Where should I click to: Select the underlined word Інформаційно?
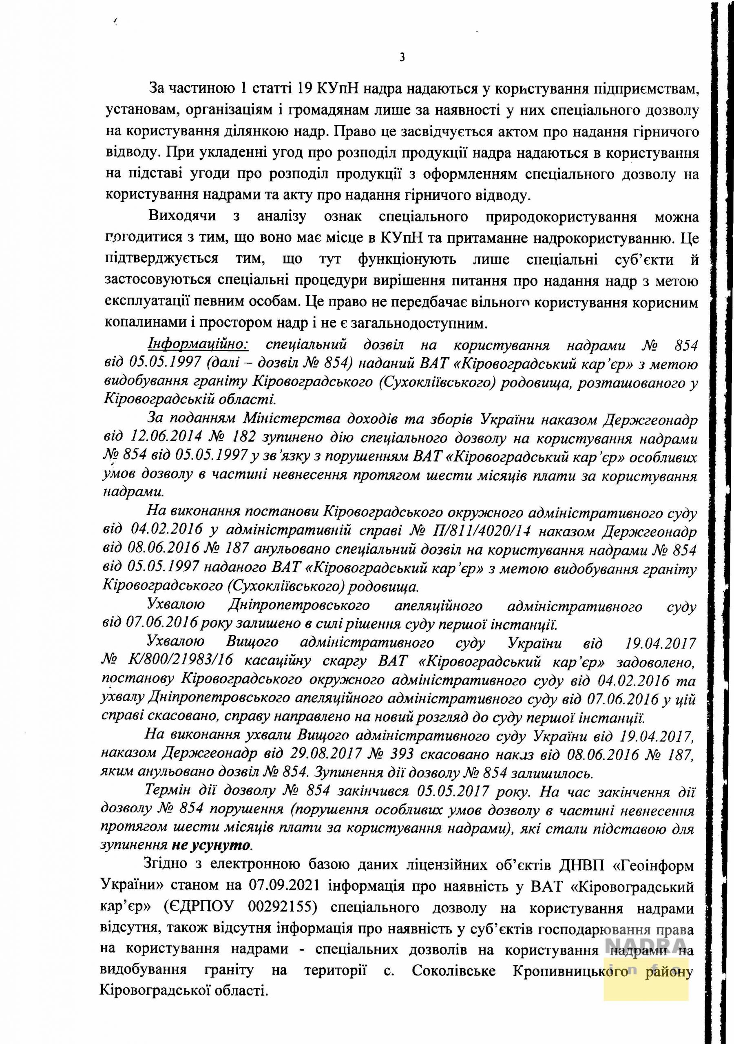click(x=198, y=345)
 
